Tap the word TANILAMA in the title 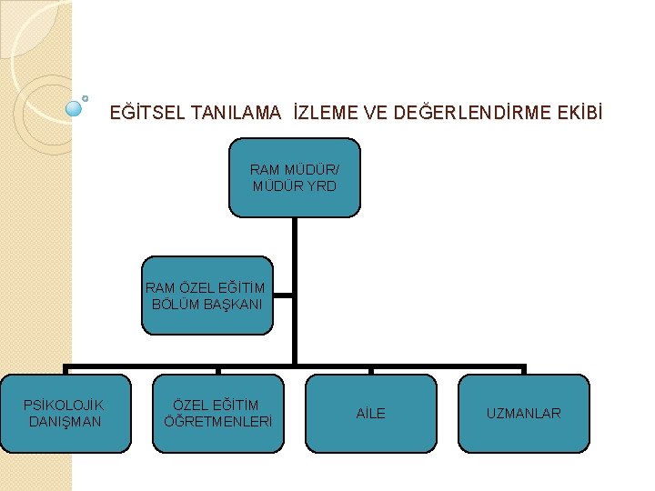237,114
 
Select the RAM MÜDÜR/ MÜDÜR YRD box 294,177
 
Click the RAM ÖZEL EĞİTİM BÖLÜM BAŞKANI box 206,296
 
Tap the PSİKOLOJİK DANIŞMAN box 65,414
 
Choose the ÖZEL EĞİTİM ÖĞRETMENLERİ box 218,414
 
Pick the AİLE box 370,414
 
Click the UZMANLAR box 523,414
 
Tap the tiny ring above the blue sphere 85,95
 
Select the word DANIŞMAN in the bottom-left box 65,422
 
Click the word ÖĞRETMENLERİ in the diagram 217,422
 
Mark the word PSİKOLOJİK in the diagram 64,406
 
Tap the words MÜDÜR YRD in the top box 294,186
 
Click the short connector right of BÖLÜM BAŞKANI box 283,296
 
